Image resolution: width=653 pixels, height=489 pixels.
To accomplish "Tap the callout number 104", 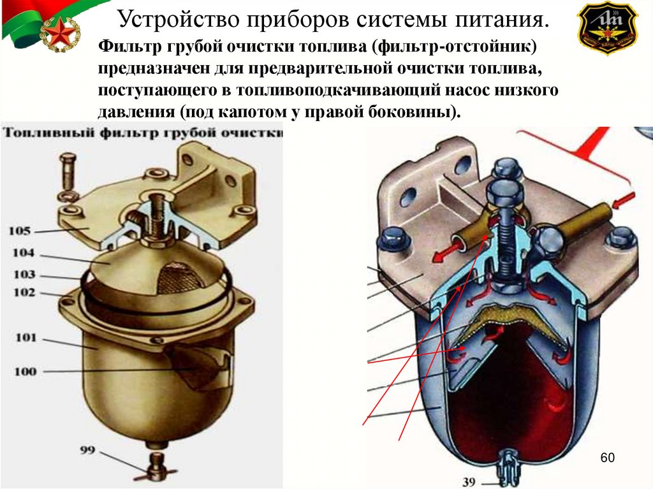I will pos(23,253).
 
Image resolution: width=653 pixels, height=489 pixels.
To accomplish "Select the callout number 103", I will pos(23,275).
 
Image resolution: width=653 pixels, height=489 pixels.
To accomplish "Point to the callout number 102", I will pos(23,293).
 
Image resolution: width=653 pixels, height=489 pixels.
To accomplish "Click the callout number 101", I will pos(26,337).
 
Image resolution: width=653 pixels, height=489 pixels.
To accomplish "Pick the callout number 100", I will pos(26,371).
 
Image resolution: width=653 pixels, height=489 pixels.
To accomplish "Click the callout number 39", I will pos(469,482).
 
